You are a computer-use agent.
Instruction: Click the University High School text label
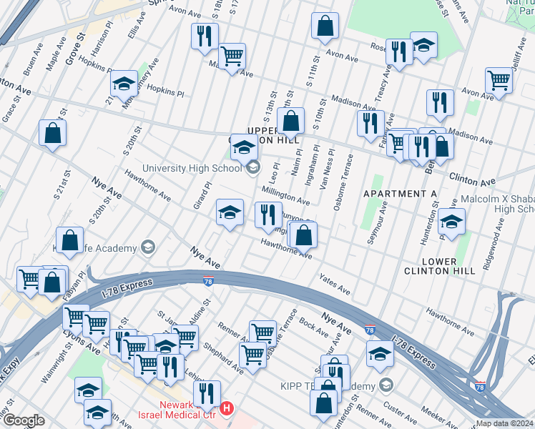click(x=192, y=169)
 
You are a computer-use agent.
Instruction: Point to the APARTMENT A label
click(x=400, y=194)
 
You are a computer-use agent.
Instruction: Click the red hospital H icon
click(x=227, y=408)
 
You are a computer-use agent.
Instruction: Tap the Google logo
click(x=24, y=420)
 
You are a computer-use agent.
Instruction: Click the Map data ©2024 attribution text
click(x=504, y=423)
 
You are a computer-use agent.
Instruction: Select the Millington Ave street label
click(x=285, y=195)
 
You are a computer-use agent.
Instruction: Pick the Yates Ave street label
click(x=334, y=285)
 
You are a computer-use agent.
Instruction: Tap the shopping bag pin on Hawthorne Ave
click(x=303, y=234)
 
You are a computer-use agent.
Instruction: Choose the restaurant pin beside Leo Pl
click(x=268, y=214)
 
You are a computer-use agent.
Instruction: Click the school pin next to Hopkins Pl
click(x=124, y=84)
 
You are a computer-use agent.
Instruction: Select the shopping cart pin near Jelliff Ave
click(x=499, y=80)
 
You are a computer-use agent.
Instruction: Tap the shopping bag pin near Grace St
click(x=52, y=133)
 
